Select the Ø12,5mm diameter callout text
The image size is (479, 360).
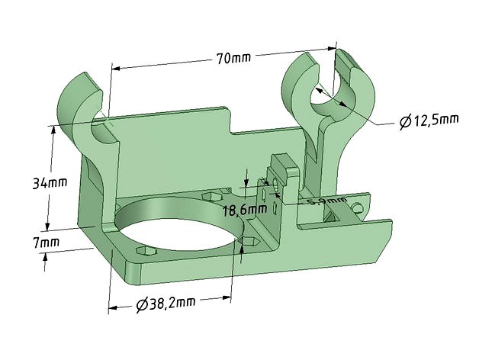coord(429,121)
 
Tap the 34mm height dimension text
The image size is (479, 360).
coord(50,183)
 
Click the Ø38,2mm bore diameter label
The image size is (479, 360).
coord(166,304)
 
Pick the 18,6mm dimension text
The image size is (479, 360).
coord(239,210)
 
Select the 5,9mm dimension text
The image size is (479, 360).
coord(311,202)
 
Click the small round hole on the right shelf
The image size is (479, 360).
coord(356,207)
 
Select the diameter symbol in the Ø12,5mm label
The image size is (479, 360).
coord(405,121)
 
